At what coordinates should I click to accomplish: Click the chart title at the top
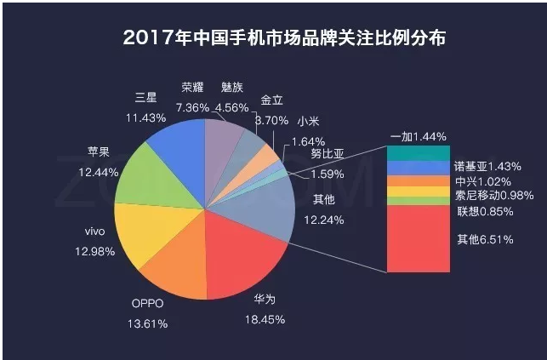(x=273, y=38)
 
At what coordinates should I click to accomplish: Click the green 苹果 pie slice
(x=145, y=174)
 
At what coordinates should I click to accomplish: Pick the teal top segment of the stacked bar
(x=417, y=153)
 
